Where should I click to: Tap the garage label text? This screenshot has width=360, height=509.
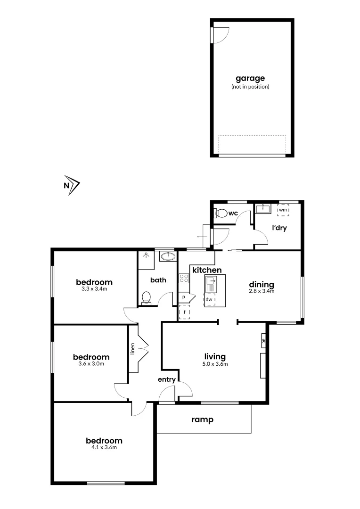coord(250,78)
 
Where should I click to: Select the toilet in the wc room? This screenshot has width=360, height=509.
coord(221,213)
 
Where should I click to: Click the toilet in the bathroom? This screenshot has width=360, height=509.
coord(147,298)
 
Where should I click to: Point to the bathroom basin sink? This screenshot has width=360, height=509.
coord(167,256)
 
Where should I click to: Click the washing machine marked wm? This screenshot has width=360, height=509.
coord(283,210)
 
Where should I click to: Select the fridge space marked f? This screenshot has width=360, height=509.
coord(184,312)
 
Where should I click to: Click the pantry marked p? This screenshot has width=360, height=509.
coord(184,297)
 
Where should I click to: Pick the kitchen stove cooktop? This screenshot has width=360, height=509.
coord(184,278)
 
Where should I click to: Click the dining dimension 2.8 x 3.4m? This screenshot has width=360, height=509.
coord(262,291)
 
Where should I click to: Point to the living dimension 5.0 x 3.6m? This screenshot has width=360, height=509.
coord(215,364)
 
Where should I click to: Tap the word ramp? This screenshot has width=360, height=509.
coord(203,419)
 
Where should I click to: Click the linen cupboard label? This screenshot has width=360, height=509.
coord(133,349)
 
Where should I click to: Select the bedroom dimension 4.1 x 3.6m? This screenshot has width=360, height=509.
coord(104,447)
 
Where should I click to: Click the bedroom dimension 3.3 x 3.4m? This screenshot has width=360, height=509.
coord(94,289)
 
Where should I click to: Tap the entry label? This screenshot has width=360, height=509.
coord(167,379)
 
